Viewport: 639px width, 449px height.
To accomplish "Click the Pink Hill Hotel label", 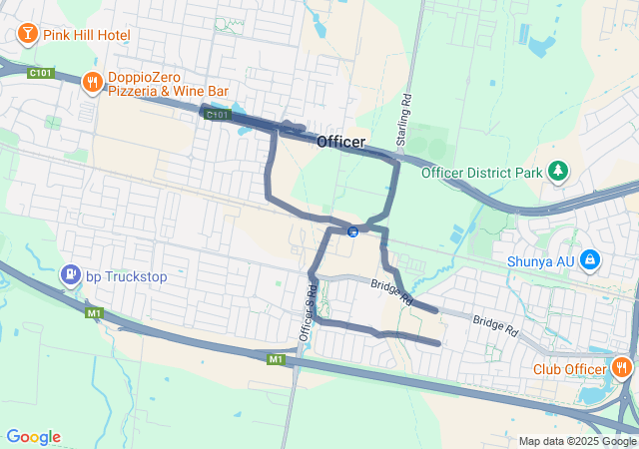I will (86, 35).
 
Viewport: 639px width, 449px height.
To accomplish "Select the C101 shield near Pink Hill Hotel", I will (41, 73).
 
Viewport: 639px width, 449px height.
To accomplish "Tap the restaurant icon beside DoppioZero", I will (92, 82).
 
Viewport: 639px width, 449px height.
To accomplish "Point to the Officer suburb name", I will (340, 143).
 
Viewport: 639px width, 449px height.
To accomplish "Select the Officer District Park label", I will (481, 173).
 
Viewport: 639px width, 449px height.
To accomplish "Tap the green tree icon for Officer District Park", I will (558, 172).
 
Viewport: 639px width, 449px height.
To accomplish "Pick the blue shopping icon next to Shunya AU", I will (591, 259).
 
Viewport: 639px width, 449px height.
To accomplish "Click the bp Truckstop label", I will (125, 274).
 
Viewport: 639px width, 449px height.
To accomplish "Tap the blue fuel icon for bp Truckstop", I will (70, 273).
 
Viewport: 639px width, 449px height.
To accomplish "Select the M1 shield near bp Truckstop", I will (95, 313).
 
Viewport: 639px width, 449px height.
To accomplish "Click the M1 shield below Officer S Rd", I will (277, 358).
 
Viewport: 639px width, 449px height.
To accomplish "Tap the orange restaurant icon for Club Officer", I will (622, 367).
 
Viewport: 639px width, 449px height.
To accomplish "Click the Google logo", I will (34, 437).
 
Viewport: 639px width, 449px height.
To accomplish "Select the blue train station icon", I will (352, 232).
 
